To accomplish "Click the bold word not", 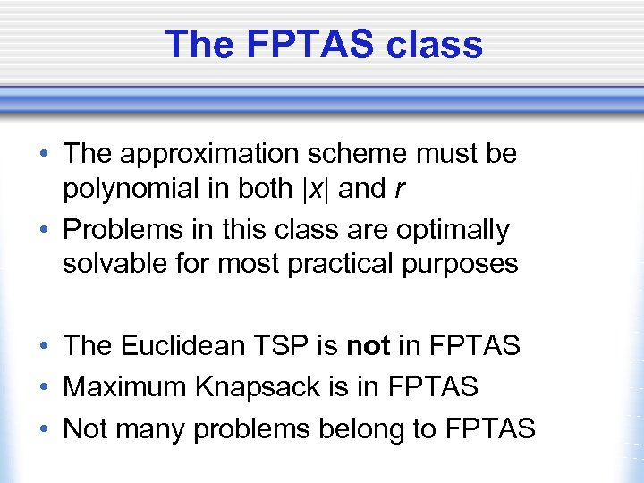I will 367,345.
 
